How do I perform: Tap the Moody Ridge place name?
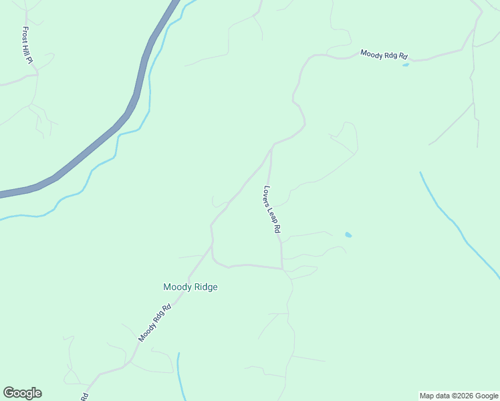coord(191,287)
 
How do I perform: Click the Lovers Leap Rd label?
coord(272,209)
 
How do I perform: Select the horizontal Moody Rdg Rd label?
coord(384,54)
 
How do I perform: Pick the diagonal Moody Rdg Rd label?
coord(155,323)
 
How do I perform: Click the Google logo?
coord(22,393)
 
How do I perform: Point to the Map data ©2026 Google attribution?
coord(459,396)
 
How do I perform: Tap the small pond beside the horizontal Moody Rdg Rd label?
coord(406,65)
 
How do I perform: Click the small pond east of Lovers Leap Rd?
coord(348,235)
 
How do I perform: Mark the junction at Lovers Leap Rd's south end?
coord(283,269)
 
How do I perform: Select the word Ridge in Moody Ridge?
coord(205,287)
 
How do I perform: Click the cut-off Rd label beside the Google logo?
coord(85,396)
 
